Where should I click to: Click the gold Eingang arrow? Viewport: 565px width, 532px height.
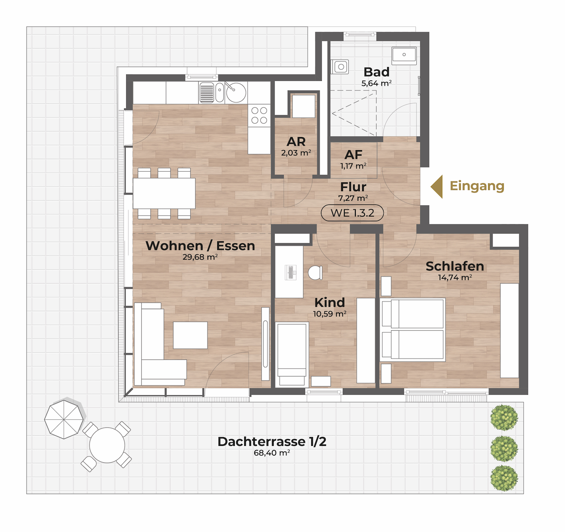pyautogui.click(x=437, y=186)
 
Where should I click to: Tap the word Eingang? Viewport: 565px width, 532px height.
pyautogui.click(x=477, y=186)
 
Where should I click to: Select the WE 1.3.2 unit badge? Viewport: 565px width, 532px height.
pyautogui.click(x=352, y=213)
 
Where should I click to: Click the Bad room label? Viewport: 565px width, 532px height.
pyautogui.click(x=377, y=72)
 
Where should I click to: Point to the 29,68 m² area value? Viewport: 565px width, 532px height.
pyautogui.click(x=200, y=257)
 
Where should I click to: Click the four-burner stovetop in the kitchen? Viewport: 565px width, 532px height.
pyautogui.click(x=259, y=115)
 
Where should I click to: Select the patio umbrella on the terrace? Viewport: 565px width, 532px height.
pyautogui.click(x=64, y=419)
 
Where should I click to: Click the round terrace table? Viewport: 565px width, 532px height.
pyautogui.click(x=107, y=445)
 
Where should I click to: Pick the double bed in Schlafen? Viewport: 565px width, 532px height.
pyautogui.click(x=413, y=330)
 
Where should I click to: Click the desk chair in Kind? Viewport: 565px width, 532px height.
pyautogui.click(x=315, y=273)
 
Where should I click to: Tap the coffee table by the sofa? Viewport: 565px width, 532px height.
pyautogui.click(x=190, y=335)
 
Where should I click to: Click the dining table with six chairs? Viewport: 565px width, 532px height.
pyautogui.click(x=164, y=193)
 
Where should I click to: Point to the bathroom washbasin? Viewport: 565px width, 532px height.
pyautogui.click(x=404, y=56)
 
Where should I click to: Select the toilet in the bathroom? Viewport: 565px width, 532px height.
pyautogui.click(x=340, y=67)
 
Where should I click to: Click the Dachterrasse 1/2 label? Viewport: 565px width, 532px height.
pyautogui.click(x=272, y=441)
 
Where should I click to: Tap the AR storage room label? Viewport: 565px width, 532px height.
pyautogui.click(x=296, y=141)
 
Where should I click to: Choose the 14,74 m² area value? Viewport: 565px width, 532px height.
pyautogui.click(x=455, y=277)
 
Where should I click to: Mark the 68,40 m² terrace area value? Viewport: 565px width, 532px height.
pyautogui.click(x=272, y=453)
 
